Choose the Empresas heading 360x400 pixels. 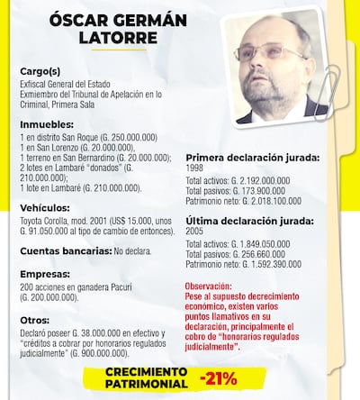click(46, 278)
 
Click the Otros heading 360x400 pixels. click(37, 320)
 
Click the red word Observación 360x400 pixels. click(213, 286)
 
